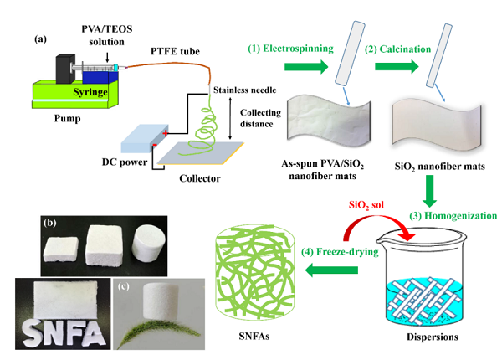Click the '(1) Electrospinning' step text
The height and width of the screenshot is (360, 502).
pos(292,49)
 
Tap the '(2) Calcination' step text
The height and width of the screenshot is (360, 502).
pos(401,49)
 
